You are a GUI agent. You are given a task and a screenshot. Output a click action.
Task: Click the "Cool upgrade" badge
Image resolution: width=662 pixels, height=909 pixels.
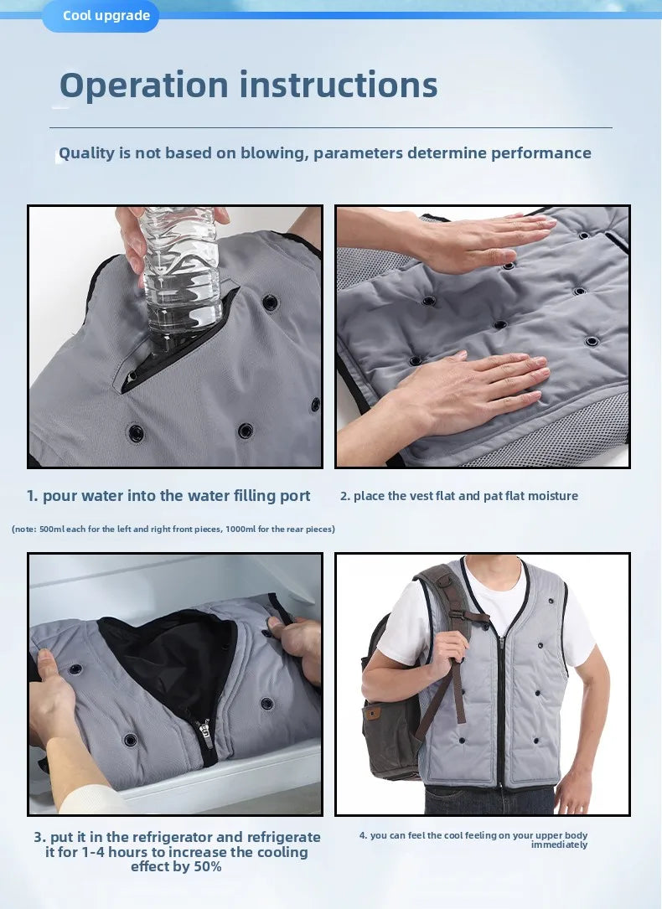point(101,16)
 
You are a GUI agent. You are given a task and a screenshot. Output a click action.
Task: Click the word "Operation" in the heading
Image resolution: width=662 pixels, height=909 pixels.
point(144,85)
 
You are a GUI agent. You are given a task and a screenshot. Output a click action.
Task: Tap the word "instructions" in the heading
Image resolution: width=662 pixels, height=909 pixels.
point(339,85)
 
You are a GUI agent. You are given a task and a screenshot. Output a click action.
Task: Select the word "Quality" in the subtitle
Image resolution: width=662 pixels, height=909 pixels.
point(87,153)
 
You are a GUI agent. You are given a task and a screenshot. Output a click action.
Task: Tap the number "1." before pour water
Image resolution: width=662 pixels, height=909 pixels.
point(33,496)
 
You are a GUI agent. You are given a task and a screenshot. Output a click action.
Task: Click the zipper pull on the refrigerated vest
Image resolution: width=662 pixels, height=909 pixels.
point(204,731)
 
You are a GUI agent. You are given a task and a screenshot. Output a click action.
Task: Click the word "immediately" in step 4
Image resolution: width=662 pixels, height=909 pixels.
point(560,845)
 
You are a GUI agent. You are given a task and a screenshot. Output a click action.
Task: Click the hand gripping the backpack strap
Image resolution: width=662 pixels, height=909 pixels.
point(447,654)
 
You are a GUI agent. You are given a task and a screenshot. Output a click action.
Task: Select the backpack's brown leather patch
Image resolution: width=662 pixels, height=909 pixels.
point(372,712)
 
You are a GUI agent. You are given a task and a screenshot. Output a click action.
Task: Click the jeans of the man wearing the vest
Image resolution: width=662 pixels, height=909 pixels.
point(489,801)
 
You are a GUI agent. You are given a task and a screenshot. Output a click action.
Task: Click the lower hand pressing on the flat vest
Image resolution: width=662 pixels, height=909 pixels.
point(469,395)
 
